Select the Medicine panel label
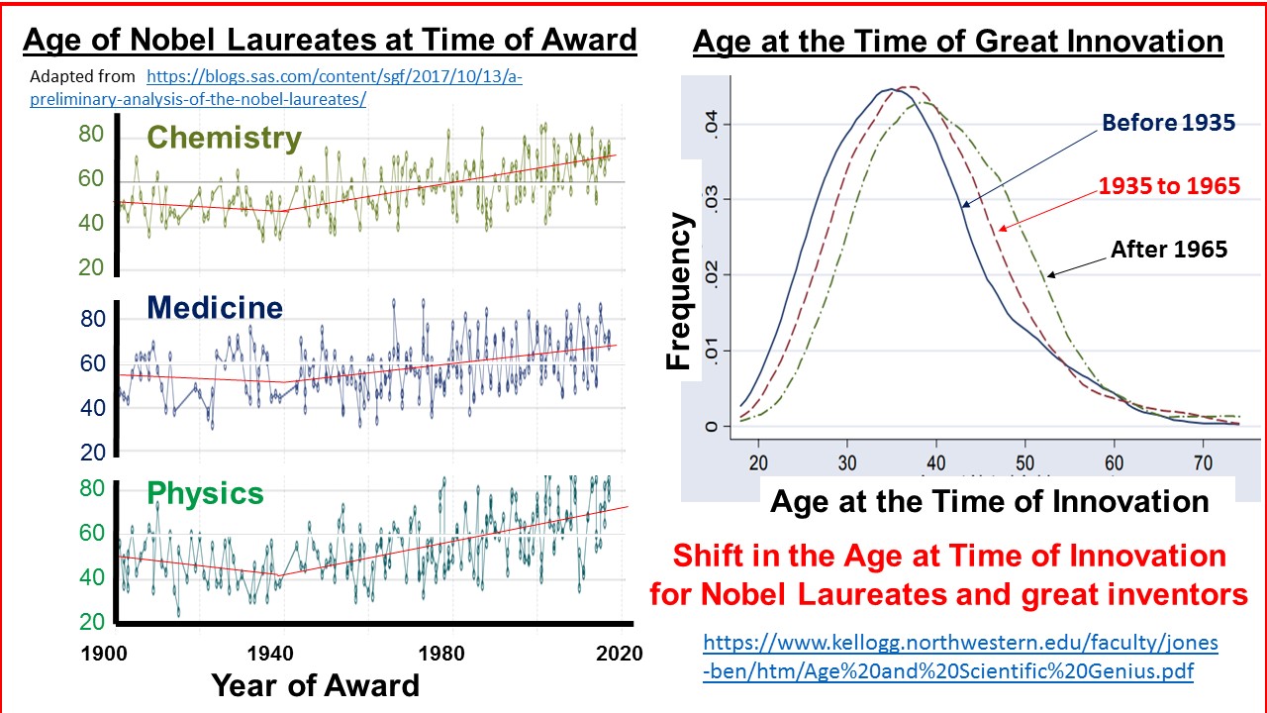pos(215,308)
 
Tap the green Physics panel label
pos(205,493)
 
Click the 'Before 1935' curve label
pos(1168,124)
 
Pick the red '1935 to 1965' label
pos(1169,185)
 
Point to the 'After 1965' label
pos(1168,250)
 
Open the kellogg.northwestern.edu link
pos(960,657)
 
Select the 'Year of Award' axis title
pos(315,685)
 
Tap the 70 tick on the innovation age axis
pos(1202,461)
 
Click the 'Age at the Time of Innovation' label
pos(989,501)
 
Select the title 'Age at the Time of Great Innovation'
pos(957,42)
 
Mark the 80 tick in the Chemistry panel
pos(91,134)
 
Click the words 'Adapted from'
pos(82,76)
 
